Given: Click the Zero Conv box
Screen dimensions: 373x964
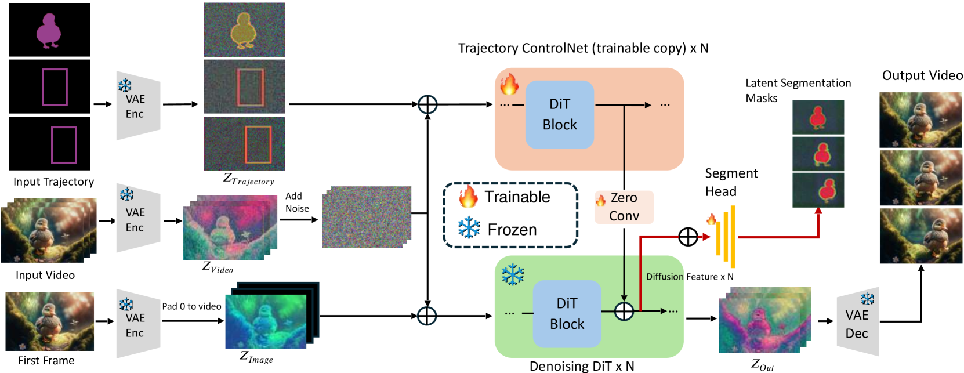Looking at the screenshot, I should [624, 207].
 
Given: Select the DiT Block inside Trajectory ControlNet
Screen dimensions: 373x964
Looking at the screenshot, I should [560, 115].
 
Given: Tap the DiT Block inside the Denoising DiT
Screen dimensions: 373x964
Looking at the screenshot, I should [567, 314].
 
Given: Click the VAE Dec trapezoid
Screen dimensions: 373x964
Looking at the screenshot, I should [857, 323].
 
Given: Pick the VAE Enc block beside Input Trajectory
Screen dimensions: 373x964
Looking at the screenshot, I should [137, 106].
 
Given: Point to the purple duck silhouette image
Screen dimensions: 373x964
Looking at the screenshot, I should [49, 30].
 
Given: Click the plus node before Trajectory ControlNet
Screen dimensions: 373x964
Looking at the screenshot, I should [427, 104].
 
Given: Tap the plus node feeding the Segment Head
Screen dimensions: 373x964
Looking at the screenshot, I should [688, 237].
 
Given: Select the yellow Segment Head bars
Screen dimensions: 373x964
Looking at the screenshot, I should [726, 237].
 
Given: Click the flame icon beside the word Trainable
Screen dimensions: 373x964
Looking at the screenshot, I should [468, 197].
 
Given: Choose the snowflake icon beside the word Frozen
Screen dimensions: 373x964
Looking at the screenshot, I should [469, 229].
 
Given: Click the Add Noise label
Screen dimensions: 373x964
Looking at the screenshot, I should [297, 202].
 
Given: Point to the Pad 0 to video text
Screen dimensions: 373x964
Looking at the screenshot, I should [191, 306].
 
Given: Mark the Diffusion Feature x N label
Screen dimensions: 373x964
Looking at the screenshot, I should [690, 277].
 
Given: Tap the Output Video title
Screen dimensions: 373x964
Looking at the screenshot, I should [922, 75].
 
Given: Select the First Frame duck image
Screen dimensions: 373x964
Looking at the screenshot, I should [50, 321].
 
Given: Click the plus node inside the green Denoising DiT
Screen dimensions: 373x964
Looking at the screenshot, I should [624, 312].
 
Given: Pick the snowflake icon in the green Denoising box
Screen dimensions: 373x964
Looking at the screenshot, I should [513, 274].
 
